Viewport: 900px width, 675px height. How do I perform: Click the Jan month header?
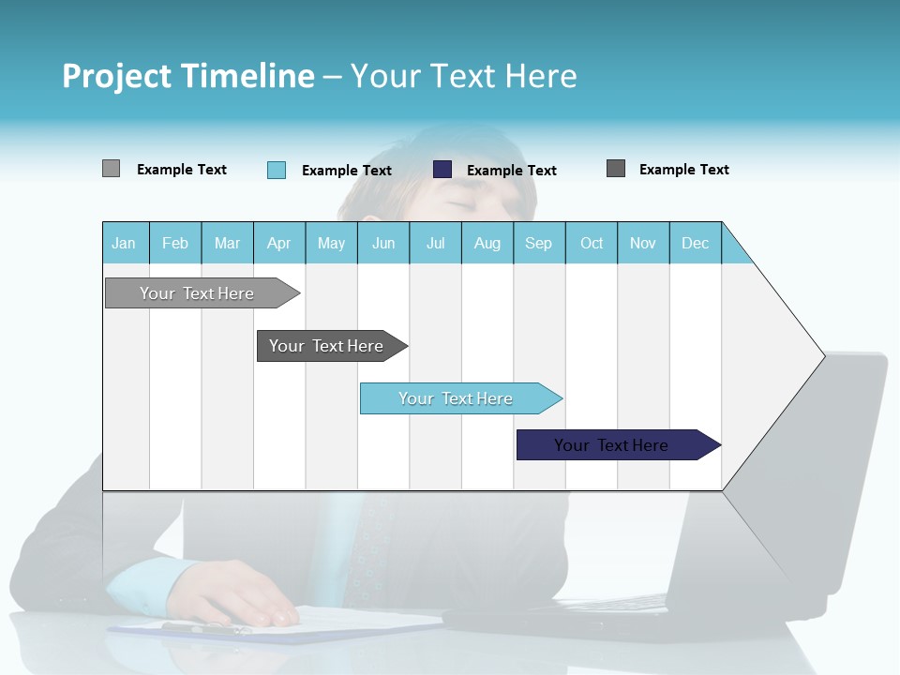[124, 243]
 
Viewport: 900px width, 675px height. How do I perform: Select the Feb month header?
[175, 243]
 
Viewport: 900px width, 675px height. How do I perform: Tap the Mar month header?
[227, 243]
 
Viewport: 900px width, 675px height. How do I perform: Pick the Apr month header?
[278, 243]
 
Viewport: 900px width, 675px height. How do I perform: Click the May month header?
[331, 243]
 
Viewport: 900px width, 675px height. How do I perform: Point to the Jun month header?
[383, 243]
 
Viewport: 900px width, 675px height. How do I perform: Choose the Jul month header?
[435, 243]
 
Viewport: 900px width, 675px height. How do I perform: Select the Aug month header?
[487, 243]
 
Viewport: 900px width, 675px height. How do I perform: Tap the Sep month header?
[538, 243]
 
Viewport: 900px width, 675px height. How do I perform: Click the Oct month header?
[592, 243]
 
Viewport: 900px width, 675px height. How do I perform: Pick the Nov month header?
[643, 243]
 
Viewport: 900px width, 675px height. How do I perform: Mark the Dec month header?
[695, 243]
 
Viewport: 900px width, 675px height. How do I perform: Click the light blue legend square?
[277, 170]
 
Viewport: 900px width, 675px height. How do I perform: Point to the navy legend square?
[442, 170]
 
